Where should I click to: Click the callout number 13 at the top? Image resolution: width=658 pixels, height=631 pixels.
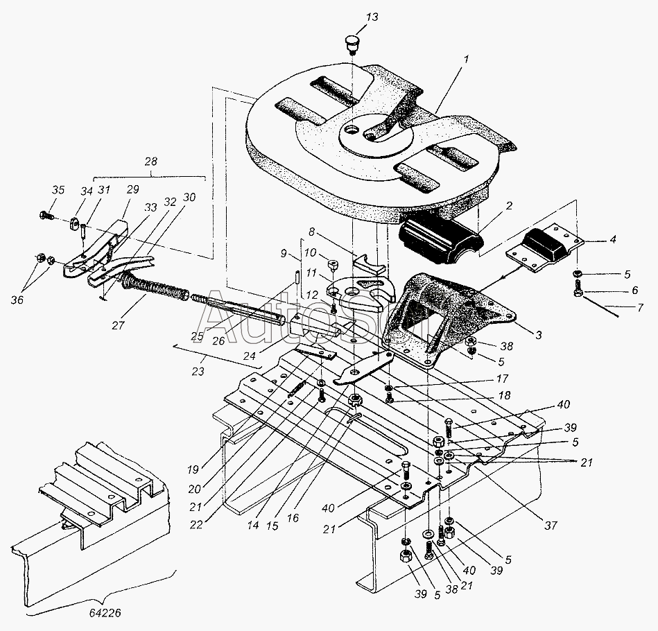pos(372,17)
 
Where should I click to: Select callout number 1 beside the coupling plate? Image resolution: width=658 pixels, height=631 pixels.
pos(466,60)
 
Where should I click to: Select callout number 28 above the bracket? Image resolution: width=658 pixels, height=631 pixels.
pos(151,162)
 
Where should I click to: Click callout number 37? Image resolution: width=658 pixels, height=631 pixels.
pos(551,526)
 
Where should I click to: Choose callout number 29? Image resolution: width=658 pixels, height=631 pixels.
pos(132,189)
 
